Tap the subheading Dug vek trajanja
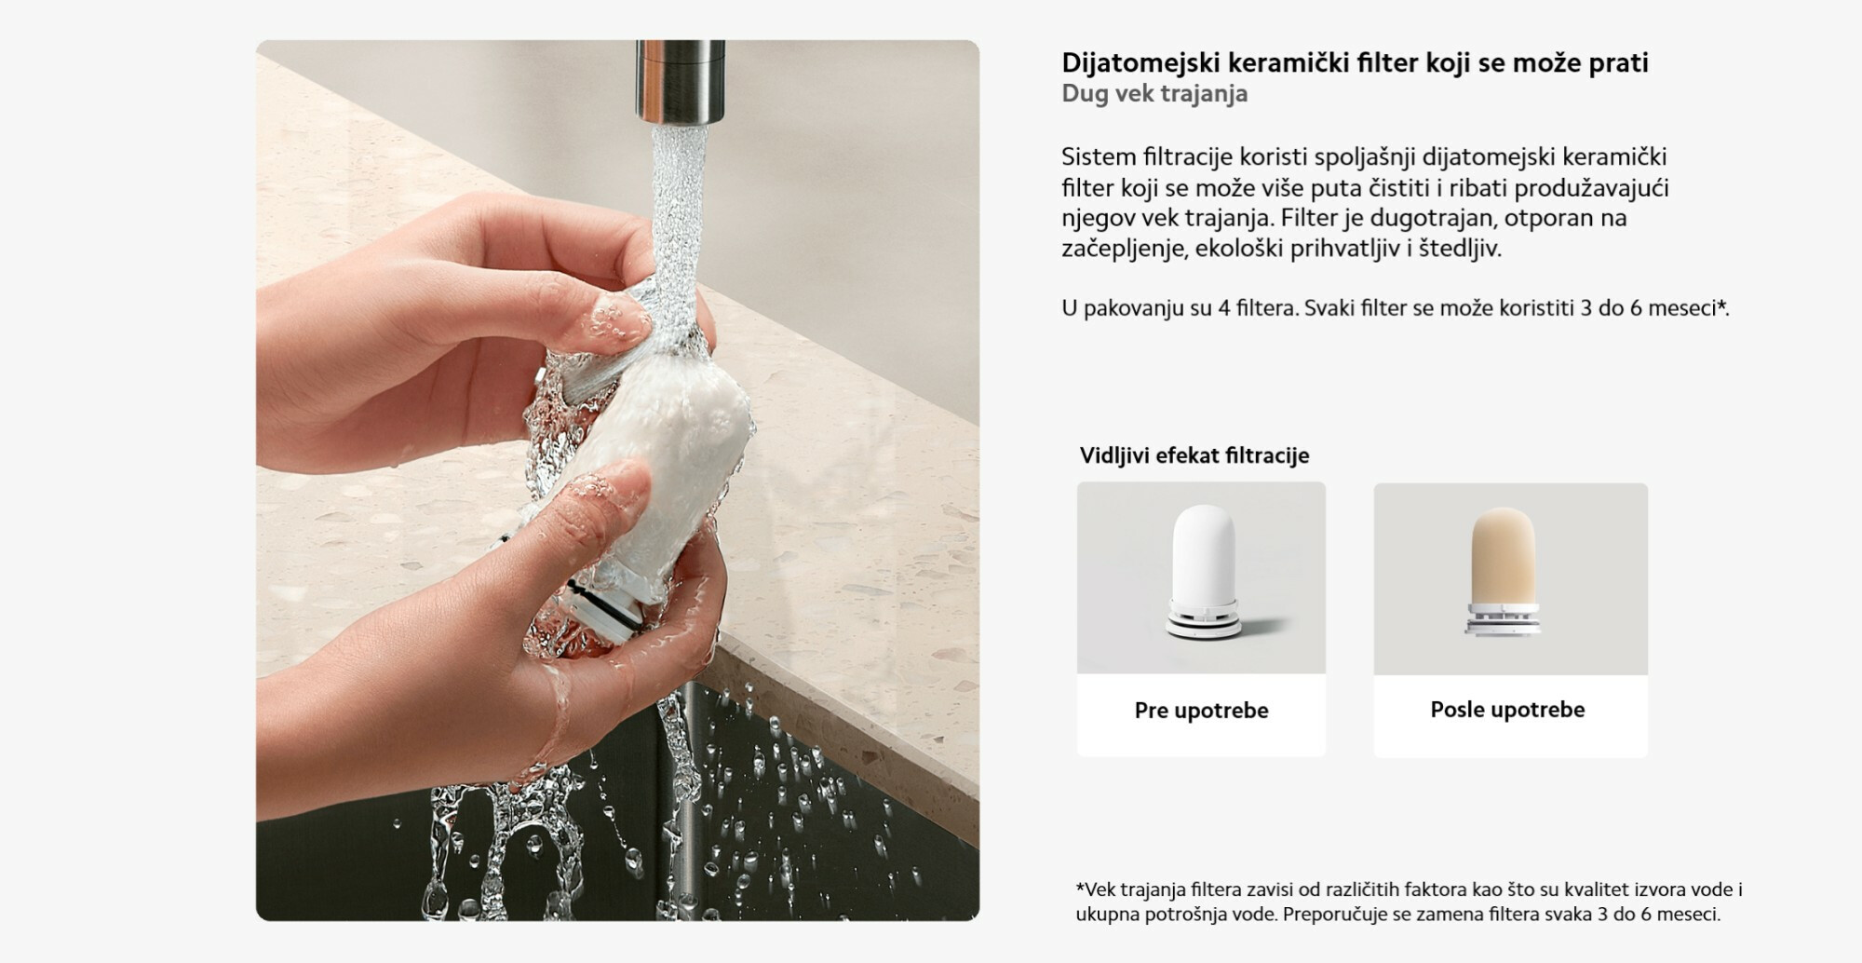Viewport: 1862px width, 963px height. click(1154, 94)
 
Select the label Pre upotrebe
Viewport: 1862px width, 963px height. click(1201, 711)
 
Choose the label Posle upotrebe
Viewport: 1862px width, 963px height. click(1507, 710)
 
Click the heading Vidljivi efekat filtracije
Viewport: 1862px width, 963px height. click(1194, 455)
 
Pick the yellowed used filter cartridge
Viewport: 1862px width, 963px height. click(1501, 572)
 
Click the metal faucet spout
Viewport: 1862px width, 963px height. click(680, 81)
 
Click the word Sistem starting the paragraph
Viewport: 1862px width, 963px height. click(1099, 156)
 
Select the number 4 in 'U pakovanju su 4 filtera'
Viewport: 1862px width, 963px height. click(1224, 308)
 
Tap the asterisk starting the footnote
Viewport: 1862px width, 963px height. click(1080, 888)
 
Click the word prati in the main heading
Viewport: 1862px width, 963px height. click(1619, 63)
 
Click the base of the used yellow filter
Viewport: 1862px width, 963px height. click(1501, 619)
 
